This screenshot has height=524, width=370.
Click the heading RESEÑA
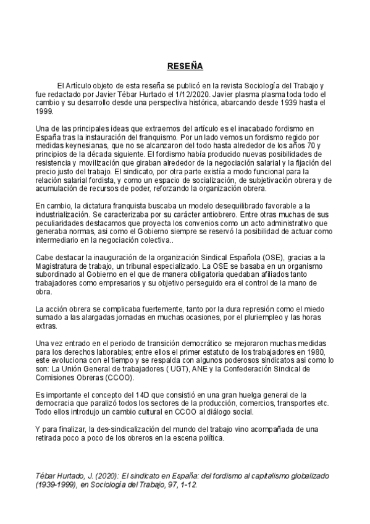tap(185, 65)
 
